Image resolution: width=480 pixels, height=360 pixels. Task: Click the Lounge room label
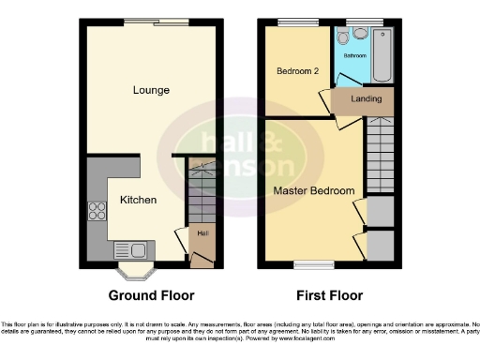point(150,91)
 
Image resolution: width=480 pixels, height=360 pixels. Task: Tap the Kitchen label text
point(137,200)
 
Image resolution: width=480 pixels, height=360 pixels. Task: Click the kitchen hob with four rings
point(97,211)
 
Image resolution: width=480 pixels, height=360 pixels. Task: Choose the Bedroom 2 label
point(296,71)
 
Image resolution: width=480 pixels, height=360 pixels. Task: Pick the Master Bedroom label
point(314,191)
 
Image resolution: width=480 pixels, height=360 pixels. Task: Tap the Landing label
point(365,98)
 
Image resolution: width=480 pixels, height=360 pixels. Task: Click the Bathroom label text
point(354,56)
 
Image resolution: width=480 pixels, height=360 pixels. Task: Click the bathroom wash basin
point(360,34)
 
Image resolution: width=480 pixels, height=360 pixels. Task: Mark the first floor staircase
point(380,155)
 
